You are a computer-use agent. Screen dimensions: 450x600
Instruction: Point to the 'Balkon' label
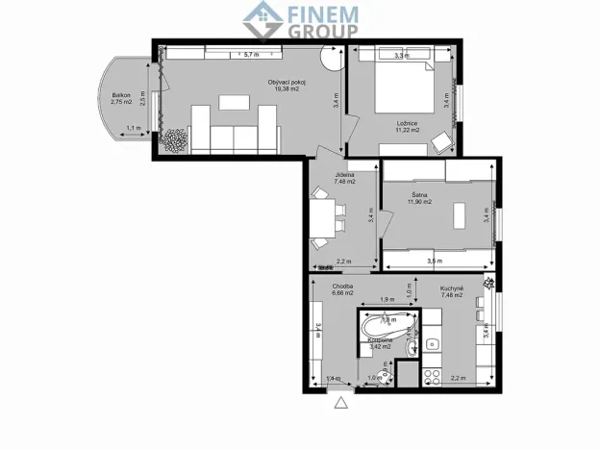click(121, 94)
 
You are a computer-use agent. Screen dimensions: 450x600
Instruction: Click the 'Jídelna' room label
click(344, 175)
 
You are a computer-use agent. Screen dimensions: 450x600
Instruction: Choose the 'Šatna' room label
click(419, 196)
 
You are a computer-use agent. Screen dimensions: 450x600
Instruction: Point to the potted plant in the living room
click(174, 140)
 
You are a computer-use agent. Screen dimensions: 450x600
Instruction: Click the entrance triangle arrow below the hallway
click(338, 405)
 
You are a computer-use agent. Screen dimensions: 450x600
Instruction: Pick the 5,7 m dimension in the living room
click(252, 54)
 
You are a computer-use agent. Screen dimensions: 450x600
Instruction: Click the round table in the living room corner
click(330, 58)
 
